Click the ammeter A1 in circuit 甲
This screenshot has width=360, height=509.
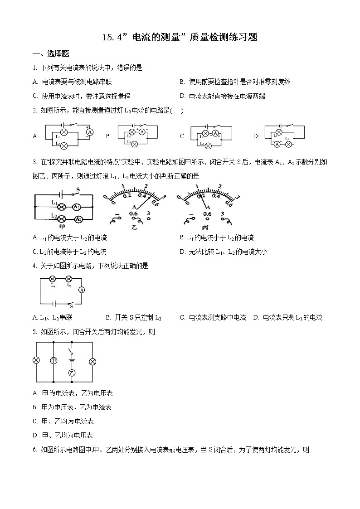tap(77, 207)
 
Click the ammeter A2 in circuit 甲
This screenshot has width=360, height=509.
tap(78, 219)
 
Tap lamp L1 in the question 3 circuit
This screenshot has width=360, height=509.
tap(64, 207)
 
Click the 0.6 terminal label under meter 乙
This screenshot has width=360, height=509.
tap(133, 213)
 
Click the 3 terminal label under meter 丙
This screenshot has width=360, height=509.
tap(222, 213)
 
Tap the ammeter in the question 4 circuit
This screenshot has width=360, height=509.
tap(82, 290)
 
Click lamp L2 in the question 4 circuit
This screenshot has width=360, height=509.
tap(69, 279)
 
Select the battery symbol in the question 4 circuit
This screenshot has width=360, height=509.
tap(54, 303)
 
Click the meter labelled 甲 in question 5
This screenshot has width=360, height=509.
tap(54, 360)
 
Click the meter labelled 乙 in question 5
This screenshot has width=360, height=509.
tap(71, 373)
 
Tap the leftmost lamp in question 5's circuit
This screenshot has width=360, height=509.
tap(36, 360)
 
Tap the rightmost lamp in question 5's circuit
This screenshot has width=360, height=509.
tap(92, 361)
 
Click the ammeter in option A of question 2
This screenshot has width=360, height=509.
tap(89, 131)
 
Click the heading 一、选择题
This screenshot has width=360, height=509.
tap(51, 53)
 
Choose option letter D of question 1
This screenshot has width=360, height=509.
tap(182, 96)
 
